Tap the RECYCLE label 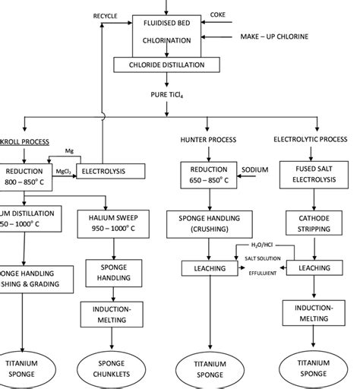pyautogui.click(x=106, y=16)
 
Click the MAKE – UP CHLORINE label pyautogui.click(x=274, y=36)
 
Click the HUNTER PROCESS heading pyautogui.click(x=208, y=140)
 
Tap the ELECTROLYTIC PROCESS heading pyautogui.click(x=311, y=140)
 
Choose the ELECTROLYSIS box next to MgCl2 pyautogui.click(x=109, y=171)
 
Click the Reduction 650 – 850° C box pyautogui.click(x=209, y=176)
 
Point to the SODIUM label pyautogui.click(x=254, y=169)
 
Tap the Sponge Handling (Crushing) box pyautogui.click(x=209, y=223)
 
